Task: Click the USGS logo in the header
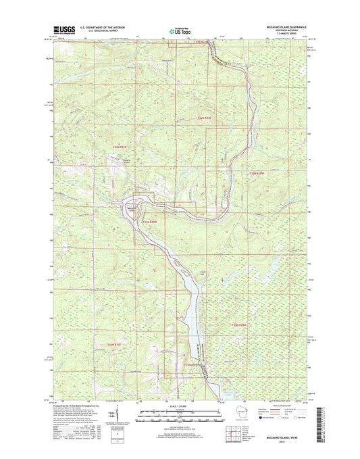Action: click(x=63, y=30)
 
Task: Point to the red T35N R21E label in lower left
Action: click(x=113, y=345)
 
